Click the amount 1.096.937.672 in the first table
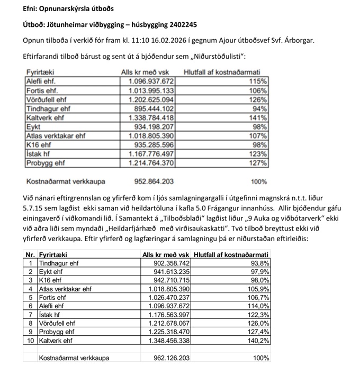(151, 81)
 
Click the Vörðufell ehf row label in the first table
(47, 99)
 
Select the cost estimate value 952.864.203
(154, 181)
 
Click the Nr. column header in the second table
(31, 255)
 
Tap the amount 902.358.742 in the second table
(168, 263)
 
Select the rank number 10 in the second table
(31, 340)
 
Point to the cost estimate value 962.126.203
(168, 358)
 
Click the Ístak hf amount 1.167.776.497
(151, 154)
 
